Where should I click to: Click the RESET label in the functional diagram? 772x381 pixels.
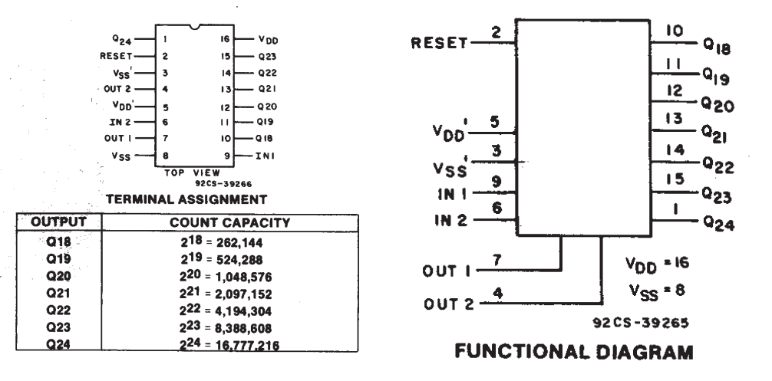pyautogui.click(x=439, y=43)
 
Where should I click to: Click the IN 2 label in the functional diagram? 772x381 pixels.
pyautogui.click(x=451, y=219)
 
